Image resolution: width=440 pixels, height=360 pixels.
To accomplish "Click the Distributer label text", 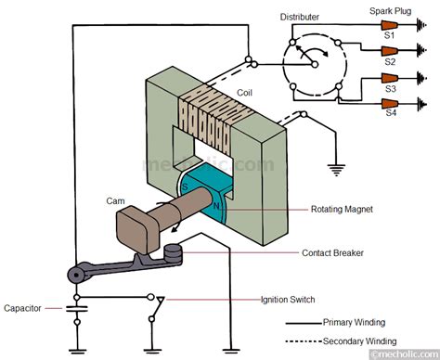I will pyautogui.click(x=306, y=18).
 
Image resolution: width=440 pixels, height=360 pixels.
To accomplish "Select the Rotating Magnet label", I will pyautogui.click(x=341, y=210).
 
